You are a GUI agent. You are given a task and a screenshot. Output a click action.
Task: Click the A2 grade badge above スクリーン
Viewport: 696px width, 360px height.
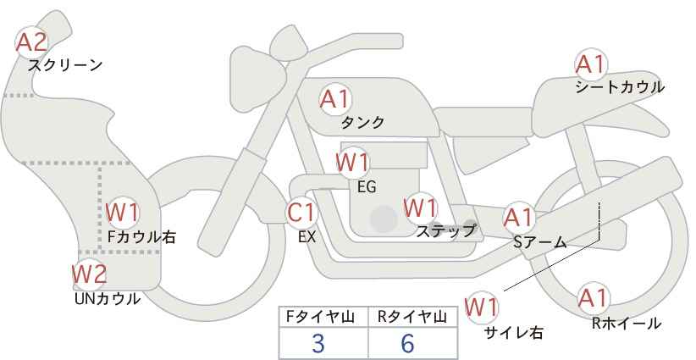click(x=32, y=42)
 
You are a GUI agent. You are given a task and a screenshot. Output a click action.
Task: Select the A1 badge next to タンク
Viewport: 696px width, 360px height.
click(x=334, y=99)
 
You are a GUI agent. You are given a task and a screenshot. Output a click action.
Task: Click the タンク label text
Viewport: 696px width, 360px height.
click(x=362, y=123)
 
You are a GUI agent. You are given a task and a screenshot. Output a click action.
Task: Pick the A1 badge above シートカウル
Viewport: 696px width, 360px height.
click(x=590, y=64)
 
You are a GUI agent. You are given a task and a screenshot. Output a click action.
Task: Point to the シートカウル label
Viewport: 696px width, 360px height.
click(x=620, y=87)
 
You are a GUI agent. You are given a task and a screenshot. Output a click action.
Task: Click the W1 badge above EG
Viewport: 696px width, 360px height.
click(x=352, y=162)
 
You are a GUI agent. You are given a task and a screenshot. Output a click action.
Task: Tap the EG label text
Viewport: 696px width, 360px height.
click(x=367, y=186)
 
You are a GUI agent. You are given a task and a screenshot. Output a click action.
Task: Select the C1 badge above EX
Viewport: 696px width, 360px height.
click(x=301, y=213)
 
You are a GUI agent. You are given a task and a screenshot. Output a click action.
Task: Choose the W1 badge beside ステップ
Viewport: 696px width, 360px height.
click(x=420, y=208)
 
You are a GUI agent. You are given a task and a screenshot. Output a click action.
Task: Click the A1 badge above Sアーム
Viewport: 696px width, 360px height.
click(x=518, y=218)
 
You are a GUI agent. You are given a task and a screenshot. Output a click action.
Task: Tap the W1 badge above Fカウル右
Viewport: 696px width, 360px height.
click(x=124, y=212)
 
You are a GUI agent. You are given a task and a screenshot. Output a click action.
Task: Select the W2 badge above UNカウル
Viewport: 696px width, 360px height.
click(x=89, y=274)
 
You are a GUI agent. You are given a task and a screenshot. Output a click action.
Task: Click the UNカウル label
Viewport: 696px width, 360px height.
click(x=108, y=298)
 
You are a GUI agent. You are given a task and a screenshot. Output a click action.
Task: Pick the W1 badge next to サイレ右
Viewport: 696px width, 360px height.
click(x=483, y=307)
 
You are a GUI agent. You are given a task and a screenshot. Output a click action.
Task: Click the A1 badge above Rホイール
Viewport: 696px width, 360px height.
click(x=593, y=298)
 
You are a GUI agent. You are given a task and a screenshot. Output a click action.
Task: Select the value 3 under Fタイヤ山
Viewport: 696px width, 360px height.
click(x=318, y=343)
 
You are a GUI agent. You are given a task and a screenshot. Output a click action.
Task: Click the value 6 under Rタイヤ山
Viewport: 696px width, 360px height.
click(x=407, y=343)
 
